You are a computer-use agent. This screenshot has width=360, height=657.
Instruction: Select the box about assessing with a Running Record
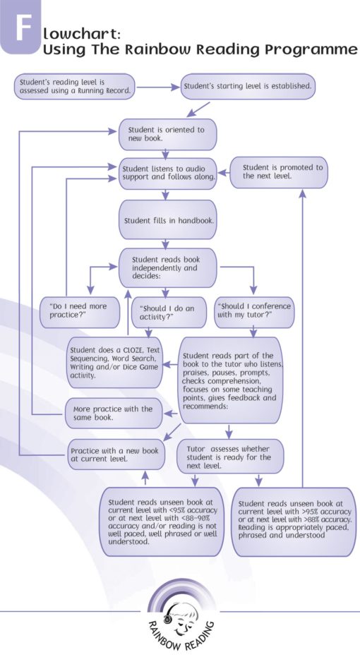click(73, 87)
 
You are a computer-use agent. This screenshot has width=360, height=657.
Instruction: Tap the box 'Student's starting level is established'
click(247, 87)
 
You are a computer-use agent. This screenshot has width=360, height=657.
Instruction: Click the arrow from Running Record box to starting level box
click(157, 88)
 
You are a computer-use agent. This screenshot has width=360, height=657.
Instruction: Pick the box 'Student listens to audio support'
click(167, 174)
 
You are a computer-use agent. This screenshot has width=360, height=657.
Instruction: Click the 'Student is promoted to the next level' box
click(282, 171)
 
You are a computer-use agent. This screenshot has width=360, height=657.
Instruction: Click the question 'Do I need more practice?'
click(79, 311)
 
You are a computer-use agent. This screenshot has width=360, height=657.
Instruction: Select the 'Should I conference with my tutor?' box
click(253, 311)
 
